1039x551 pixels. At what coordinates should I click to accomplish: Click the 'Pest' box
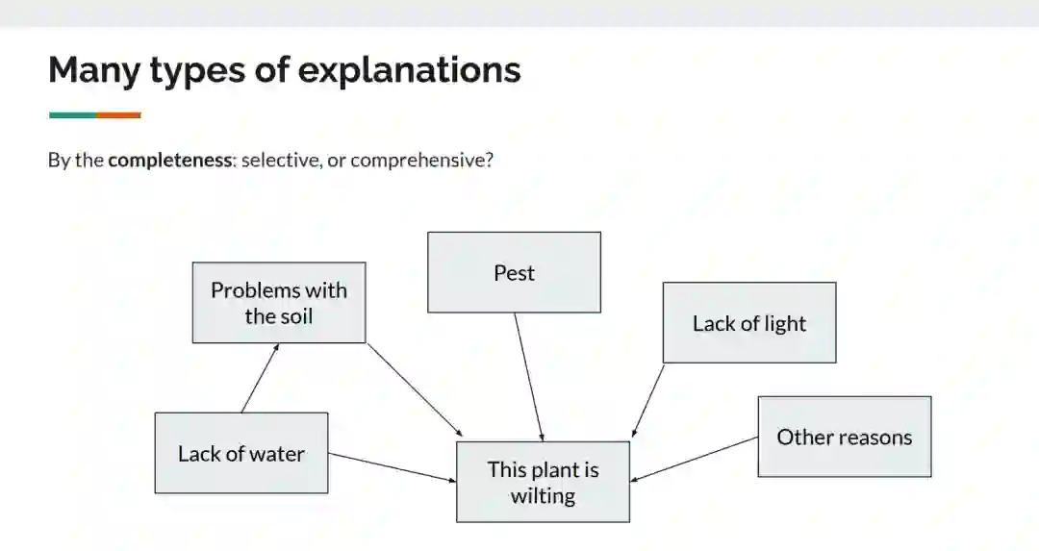(514, 272)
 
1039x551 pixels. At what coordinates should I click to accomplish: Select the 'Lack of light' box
(748, 323)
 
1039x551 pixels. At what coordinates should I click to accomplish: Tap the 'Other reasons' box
(844, 437)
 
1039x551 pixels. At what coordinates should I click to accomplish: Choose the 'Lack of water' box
(241, 453)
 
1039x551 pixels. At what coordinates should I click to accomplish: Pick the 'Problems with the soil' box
(278, 303)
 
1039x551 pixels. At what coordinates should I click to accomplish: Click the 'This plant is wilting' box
(543, 482)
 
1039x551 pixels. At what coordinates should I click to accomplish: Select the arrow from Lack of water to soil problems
(260, 378)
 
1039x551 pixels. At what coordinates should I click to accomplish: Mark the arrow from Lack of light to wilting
(648, 400)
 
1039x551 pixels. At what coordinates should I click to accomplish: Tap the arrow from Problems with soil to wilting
(415, 389)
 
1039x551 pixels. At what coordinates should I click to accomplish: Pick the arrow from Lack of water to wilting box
(393, 466)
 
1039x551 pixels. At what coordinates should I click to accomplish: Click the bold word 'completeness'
(170, 160)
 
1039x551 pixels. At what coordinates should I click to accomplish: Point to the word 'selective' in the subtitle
(280, 160)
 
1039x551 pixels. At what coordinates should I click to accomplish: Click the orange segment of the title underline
(118, 115)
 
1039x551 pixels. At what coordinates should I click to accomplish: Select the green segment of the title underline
(72, 115)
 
